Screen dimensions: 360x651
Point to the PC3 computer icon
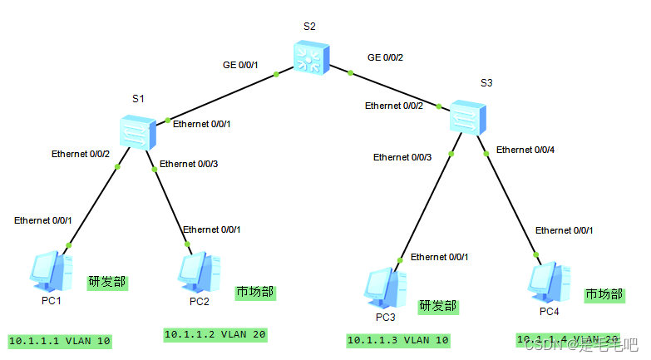385,288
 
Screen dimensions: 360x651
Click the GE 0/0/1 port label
240,65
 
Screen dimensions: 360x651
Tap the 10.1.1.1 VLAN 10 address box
59,341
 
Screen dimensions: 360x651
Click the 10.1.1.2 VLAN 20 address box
215,334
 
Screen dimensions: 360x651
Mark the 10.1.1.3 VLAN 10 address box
398,340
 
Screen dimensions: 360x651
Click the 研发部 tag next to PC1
108,282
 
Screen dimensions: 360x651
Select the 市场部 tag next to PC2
255,293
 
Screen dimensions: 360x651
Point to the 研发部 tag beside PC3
437,306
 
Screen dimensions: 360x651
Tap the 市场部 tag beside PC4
604,294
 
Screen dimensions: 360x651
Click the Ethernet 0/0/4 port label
525,150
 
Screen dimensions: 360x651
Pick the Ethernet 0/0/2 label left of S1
81,154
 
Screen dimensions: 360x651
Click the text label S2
309,26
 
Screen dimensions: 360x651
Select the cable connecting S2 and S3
399,91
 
